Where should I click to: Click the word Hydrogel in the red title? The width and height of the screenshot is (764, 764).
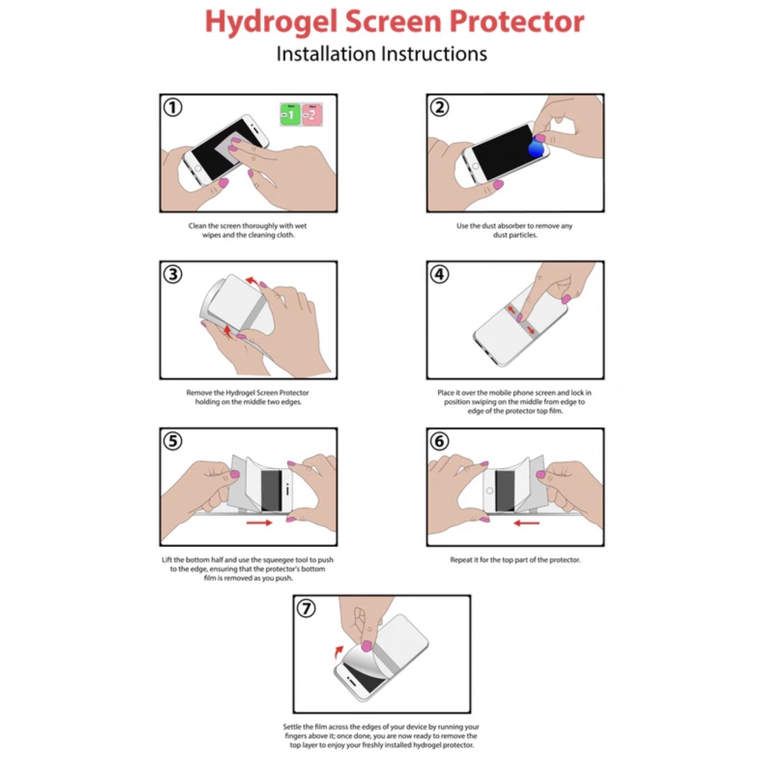pyautogui.click(x=271, y=22)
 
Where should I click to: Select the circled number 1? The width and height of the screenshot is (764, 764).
pyautogui.click(x=172, y=107)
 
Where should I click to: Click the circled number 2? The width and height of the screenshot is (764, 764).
pyautogui.click(x=439, y=107)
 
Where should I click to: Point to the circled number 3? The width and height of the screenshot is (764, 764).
pyautogui.click(x=172, y=275)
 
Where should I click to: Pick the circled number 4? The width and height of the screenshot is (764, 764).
pyautogui.click(x=439, y=275)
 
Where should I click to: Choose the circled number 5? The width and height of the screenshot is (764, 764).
pyautogui.click(x=172, y=442)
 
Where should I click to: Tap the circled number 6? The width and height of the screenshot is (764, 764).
pyautogui.click(x=439, y=442)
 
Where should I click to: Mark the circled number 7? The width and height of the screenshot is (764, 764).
pyautogui.click(x=306, y=609)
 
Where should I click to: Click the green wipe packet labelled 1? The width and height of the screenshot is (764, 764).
pyautogui.click(x=290, y=114)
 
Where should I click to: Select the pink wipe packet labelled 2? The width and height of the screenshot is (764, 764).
pyautogui.click(x=312, y=114)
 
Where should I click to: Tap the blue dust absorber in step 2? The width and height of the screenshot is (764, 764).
pyautogui.click(x=536, y=147)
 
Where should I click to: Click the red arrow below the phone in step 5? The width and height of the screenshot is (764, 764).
pyautogui.click(x=259, y=523)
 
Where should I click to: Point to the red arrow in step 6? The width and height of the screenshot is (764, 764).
pyautogui.click(x=526, y=523)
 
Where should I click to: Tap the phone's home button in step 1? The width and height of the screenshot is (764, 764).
pyautogui.click(x=198, y=169)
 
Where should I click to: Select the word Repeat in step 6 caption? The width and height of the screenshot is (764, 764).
pyautogui.click(x=461, y=560)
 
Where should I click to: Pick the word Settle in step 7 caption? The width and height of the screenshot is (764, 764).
pyautogui.click(x=292, y=727)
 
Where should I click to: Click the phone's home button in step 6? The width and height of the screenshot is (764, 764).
pyautogui.click(x=489, y=491)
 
